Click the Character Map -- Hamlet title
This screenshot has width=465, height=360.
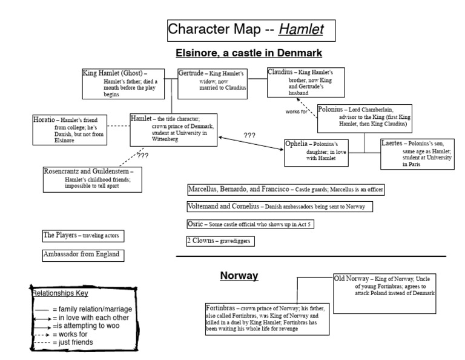click(249, 30)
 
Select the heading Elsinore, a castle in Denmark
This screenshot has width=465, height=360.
click(248, 53)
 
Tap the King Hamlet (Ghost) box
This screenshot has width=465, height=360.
click(124, 83)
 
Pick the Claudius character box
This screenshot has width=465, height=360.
click(300, 82)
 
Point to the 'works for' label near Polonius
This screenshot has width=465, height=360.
click(296, 112)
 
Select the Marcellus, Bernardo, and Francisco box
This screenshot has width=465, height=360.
click(285, 190)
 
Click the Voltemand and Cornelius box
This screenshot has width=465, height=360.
click(280, 207)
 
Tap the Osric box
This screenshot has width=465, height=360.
click(249, 224)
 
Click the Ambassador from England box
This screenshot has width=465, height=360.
click(83, 255)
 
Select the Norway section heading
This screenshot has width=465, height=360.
click(239, 276)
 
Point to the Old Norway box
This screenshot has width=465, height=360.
click(383, 293)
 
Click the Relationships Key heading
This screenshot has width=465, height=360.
click(60, 293)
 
